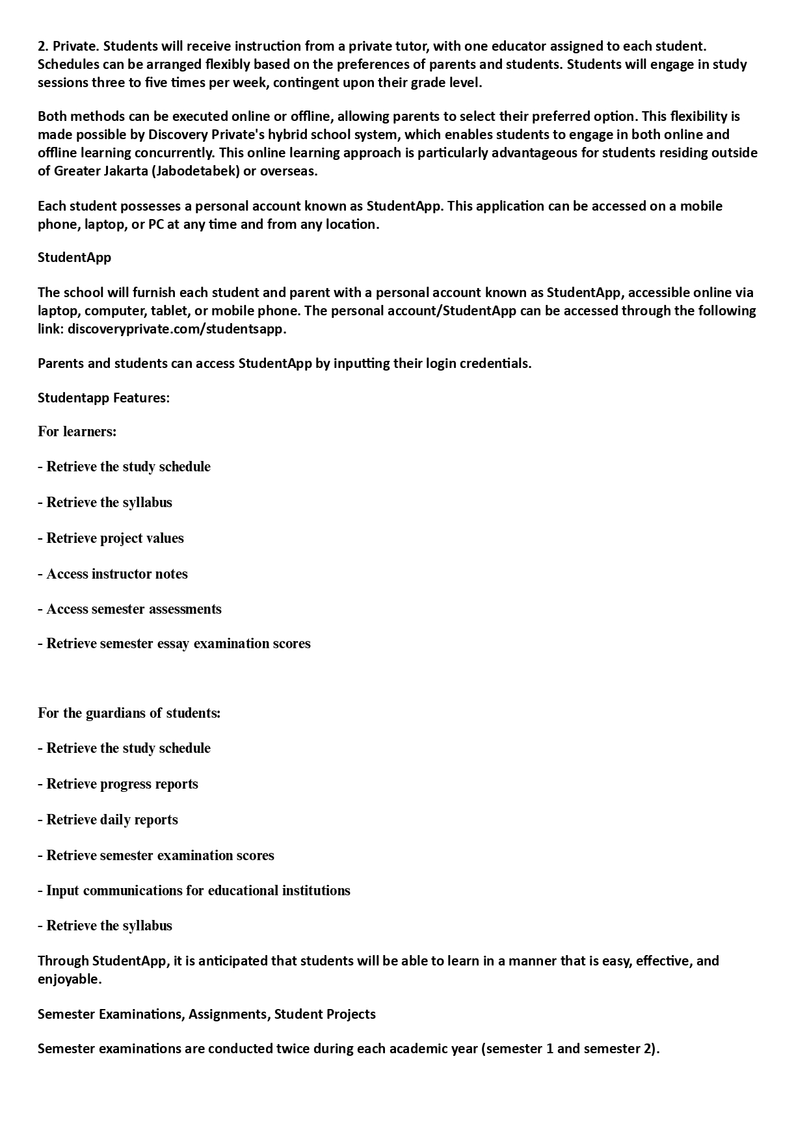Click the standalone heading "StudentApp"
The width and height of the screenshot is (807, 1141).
pyautogui.click(x=74, y=257)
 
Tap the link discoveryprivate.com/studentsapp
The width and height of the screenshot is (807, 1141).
pyautogui.click(x=176, y=329)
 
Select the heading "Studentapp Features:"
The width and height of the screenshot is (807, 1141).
pyautogui.click(x=103, y=398)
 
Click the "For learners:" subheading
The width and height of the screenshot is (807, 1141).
pyautogui.click(x=77, y=432)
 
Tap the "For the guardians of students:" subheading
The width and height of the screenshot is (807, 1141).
pyautogui.click(x=129, y=713)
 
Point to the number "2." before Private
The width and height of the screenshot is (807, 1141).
pyautogui.click(x=43, y=46)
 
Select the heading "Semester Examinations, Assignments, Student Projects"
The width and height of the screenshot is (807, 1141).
pyautogui.click(x=206, y=1014)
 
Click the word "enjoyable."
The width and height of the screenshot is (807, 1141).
pyautogui.click(x=70, y=979)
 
